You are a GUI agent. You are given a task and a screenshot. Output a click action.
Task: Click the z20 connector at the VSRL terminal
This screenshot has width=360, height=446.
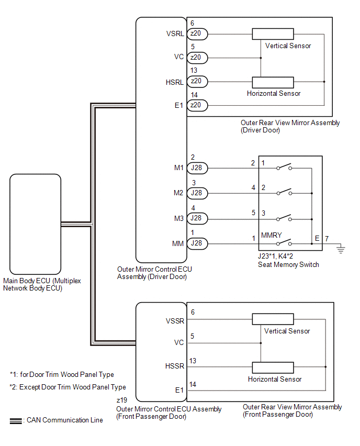(x=198, y=34)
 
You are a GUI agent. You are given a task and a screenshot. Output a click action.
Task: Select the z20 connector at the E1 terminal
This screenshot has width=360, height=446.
(x=198, y=106)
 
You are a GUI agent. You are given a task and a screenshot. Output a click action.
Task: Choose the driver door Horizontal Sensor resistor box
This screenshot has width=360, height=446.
(x=273, y=82)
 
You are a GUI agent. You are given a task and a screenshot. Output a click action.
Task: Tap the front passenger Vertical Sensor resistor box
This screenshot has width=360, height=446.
(x=273, y=319)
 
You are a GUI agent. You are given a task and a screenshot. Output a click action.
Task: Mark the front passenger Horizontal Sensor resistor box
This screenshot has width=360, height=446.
(x=273, y=367)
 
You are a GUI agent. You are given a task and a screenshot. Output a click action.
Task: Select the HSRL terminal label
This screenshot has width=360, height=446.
(x=174, y=81)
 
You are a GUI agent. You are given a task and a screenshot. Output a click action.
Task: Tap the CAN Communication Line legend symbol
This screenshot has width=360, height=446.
(x=16, y=420)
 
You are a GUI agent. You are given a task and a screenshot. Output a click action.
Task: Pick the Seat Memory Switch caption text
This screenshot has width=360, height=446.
(x=288, y=264)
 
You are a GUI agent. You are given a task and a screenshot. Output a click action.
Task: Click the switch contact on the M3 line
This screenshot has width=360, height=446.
(x=284, y=218)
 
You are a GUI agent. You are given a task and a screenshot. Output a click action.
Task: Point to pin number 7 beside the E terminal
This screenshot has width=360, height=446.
(x=327, y=239)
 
